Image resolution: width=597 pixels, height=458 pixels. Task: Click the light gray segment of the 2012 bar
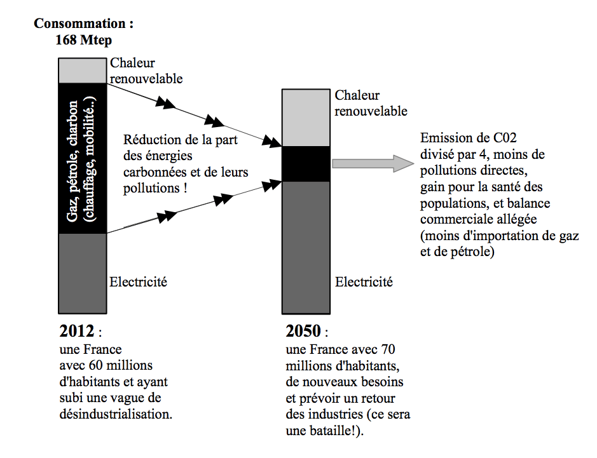pyautogui.click(x=82, y=71)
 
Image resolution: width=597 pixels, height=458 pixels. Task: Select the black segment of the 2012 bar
pyautogui.click(x=82, y=159)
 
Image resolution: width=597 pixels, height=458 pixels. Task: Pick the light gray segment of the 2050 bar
pyautogui.click(x=307, y=118)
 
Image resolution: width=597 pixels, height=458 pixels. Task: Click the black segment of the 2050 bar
pyautogui.click(x=307, y=164)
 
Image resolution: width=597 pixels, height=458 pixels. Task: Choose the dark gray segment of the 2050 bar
pyautogui.click(x=307, y=247)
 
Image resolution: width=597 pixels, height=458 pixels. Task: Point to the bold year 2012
pyautogui.click(x=76, y=331)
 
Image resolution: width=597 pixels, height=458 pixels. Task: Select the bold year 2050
pyautogui.click(x=303, y=331)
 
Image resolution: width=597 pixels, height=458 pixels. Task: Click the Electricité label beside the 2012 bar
pyautogui.click(x=139, y=281)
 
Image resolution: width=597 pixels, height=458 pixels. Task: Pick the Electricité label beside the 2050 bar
pyautogui.click(x=364, y=281)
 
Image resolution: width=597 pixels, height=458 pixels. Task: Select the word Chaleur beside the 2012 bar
pyautogui.click(x=132, y=63)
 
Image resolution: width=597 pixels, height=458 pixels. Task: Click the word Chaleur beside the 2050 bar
pyautogui.click(x=357, y=95)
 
